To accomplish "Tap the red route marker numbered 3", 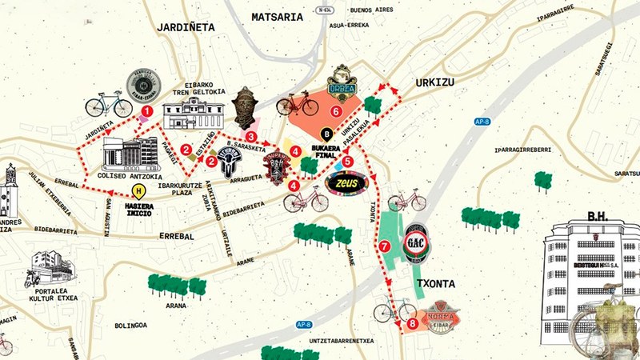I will [251, 137].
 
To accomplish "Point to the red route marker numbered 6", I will [336, 111].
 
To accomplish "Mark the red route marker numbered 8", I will [412, 324].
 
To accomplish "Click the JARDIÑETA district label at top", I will [186, 26].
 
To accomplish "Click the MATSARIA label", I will [277, 16].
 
